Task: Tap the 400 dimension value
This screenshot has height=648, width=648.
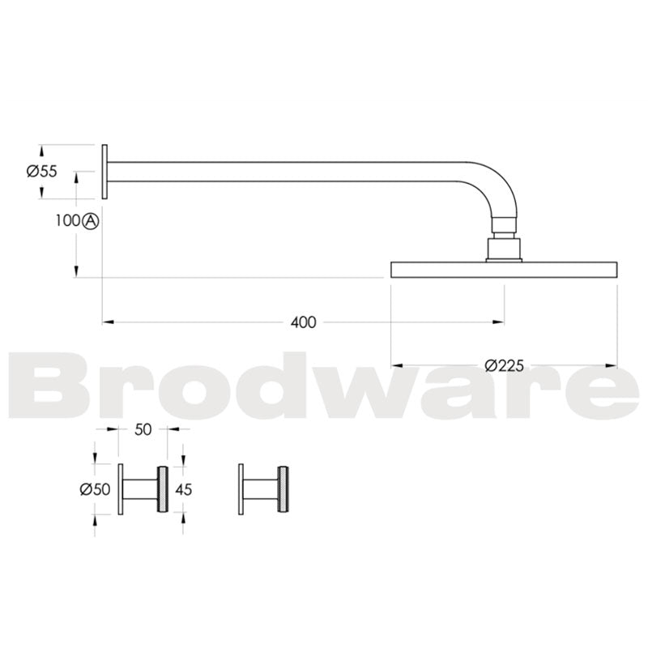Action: (x=303, y=322)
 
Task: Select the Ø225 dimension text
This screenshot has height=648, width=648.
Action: (x=504, y=365)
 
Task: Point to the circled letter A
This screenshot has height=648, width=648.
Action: (x=90, y=220)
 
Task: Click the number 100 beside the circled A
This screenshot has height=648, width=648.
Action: (x=68, y=220)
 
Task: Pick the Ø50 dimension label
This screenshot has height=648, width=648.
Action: (x=95, y=489)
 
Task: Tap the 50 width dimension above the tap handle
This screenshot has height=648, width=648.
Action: (x=143, y=430)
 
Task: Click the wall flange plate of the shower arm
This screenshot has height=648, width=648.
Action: (x=104, y=171)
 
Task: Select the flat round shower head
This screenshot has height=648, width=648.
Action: (x=504, y=270)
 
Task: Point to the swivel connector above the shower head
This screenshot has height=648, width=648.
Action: (x=504, y=239)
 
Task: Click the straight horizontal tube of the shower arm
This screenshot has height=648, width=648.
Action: (x=300, y=171)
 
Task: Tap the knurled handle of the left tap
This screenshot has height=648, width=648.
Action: (x=162, y=489)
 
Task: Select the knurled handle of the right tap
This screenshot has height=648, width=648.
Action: (x=283, y=489)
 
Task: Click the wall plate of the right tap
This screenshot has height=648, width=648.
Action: (x=241, y=489)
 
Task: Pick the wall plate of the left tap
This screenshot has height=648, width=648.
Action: (x=120, y=489)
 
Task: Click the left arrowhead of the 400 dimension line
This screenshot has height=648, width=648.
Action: (x=107, y=322)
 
